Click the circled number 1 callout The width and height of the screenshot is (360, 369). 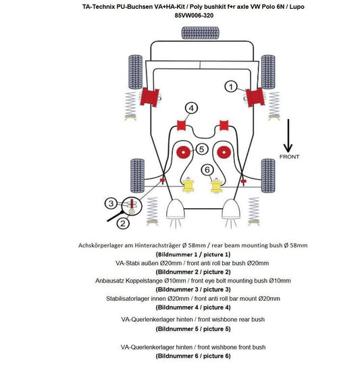coord(231,87)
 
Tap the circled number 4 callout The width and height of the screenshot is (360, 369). coord(191,108)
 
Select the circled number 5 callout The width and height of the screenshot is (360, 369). coord(201,149)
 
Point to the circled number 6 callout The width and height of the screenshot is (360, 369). coord(207,170)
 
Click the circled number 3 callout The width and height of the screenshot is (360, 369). coord(111,203)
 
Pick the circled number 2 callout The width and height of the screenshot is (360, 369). coord(123,223)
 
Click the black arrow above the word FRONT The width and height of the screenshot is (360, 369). coord(288,136)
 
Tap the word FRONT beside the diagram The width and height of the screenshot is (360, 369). coord(289,157)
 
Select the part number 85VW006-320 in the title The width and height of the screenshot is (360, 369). coord(194,16)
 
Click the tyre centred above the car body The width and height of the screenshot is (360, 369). coord(201,32)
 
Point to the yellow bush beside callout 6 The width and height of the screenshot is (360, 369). coord(215,185)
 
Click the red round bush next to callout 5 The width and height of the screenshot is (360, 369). coord(184,152)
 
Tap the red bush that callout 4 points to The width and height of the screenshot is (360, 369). coord(181,125)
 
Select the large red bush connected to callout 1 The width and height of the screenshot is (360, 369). coord(255,97)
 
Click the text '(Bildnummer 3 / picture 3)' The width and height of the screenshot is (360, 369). coord(193,289)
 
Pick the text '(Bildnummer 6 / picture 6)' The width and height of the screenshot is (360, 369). coord(193,355)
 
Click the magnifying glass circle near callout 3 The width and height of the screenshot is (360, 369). coord(132,205)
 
